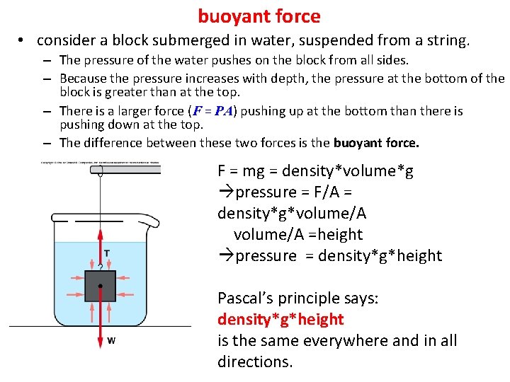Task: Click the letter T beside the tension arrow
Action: (107, 253)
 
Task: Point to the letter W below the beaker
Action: (111, 340)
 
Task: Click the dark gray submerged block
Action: (101, 286)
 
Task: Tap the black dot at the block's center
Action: (101, 286)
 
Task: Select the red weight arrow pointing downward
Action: (101, 325)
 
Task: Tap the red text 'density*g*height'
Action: (280, 320)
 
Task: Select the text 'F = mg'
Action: (239, 171)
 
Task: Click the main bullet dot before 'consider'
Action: (23, 41)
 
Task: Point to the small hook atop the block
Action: (101, 267)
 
